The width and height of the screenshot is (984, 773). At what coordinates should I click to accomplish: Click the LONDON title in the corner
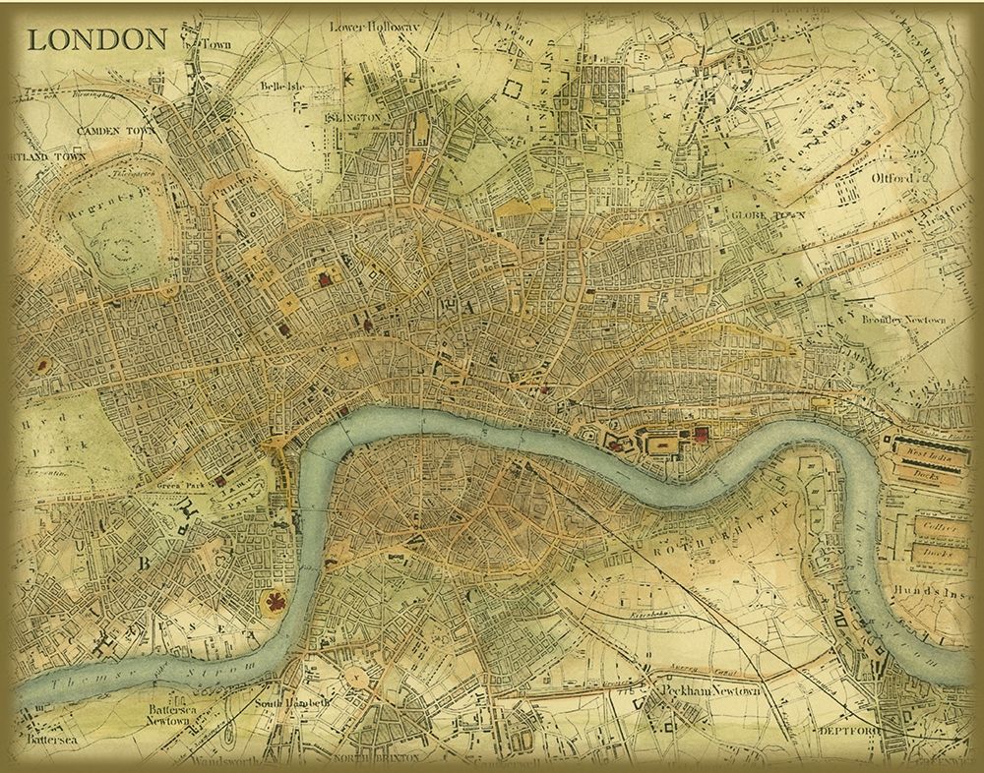tap(96, 39)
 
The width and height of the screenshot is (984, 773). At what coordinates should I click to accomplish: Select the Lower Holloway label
tap(374, 27)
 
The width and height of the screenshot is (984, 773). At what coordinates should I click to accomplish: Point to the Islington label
tap(351, 117)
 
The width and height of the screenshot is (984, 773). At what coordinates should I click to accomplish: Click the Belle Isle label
tap(278, 86)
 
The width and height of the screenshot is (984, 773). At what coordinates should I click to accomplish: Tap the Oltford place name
tap(892, 178)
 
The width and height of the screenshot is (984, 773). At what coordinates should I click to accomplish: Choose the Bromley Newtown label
tap(902, 321)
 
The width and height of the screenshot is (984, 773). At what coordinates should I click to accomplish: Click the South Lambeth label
tap(283, 704)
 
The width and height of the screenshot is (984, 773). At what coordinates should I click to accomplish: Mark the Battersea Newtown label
tap(168, 714)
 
